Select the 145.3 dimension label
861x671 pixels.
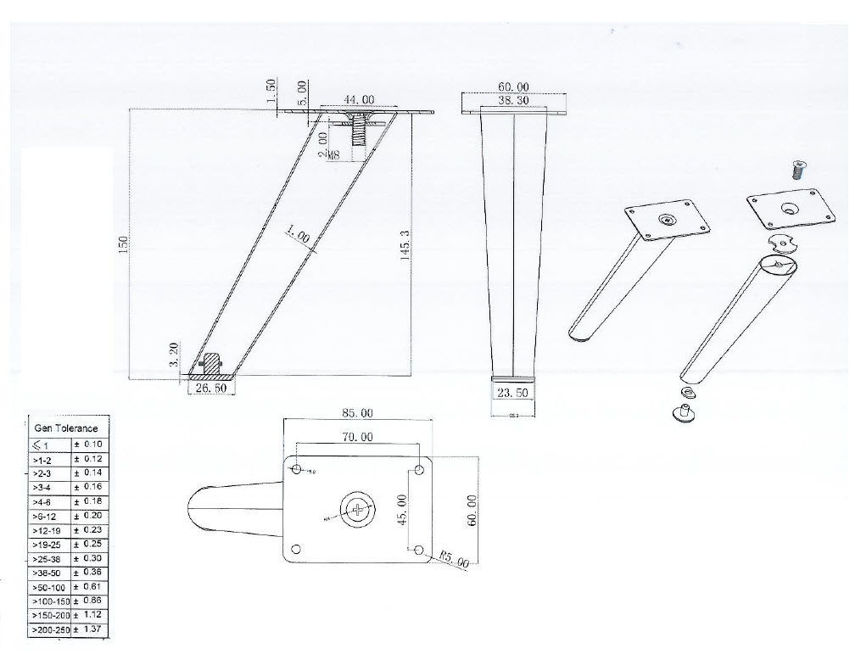click(405, 244)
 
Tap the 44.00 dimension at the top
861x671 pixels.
click(361, 99)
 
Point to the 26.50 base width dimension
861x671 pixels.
click(210, 388)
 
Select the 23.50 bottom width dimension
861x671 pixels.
click(513, 393)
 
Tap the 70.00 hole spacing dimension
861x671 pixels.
click(356, 438)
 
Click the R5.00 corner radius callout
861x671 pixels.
click(455, 561)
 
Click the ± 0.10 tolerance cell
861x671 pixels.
click(89, 444)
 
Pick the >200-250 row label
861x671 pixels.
click(50, 630)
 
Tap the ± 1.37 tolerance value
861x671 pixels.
click(90, 630)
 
